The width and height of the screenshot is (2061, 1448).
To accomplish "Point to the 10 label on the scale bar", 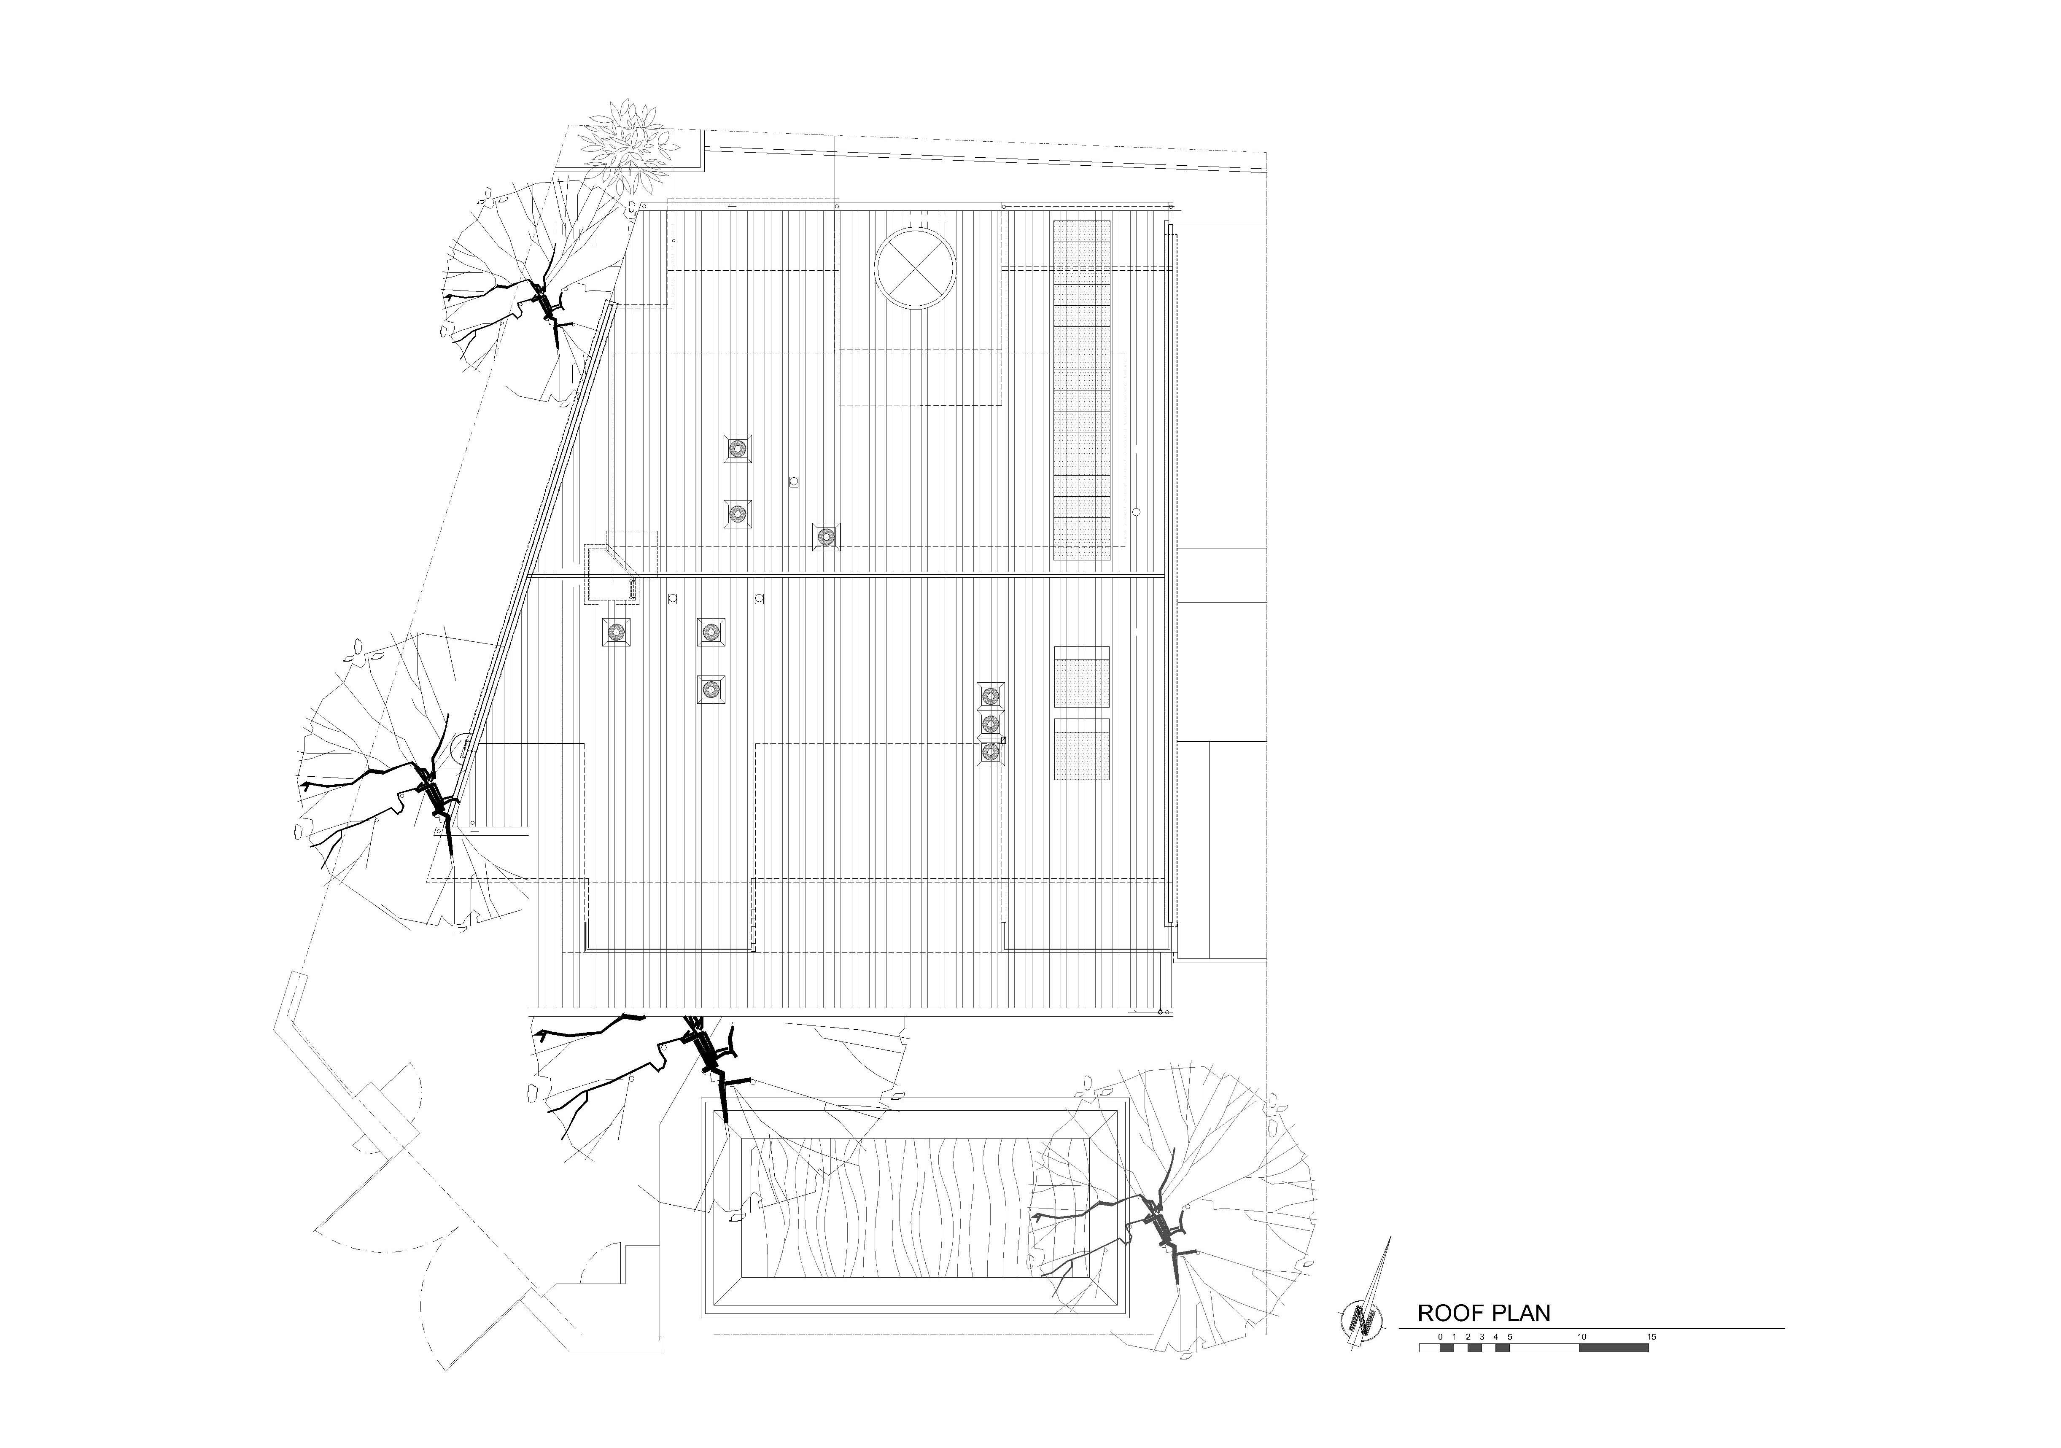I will [1581, 1337].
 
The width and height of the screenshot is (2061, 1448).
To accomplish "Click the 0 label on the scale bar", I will [1440, 1337].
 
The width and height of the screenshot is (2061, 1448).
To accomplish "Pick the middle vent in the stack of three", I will [990, 724].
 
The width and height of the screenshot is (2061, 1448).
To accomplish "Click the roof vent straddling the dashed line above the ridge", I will [826, 537].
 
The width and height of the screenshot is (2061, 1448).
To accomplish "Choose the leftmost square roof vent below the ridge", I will [616, 632].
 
